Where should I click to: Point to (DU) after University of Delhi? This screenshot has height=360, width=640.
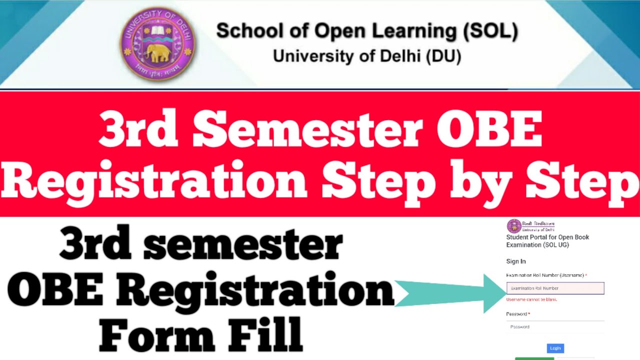click(443, 56)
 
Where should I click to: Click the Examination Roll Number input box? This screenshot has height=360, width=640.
click(555, 288)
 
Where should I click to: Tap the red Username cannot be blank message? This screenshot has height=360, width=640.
click(531, 299)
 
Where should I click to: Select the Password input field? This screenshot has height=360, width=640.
click(555, 326)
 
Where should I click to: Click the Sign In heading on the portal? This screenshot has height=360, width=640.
click(516, 261)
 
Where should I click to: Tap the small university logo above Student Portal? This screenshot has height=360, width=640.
click(514, 226)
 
